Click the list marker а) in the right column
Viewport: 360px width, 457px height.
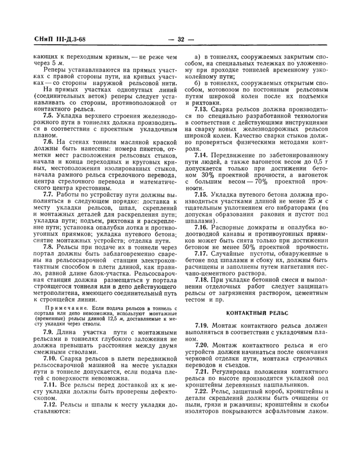point(197,56)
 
